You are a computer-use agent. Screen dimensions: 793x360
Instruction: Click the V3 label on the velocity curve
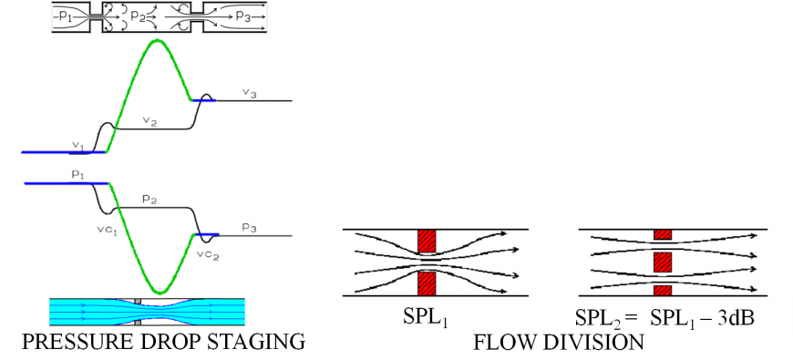click(249, 93)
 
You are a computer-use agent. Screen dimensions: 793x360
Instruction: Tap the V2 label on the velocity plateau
click(150, 121)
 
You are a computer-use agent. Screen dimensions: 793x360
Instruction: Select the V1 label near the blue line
click(78, 144)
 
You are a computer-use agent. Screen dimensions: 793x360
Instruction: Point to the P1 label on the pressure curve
click(77, 173)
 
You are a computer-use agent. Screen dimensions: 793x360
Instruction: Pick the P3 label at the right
click(249, 226)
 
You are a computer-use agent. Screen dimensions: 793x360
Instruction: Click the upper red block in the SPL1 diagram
click(427, 241)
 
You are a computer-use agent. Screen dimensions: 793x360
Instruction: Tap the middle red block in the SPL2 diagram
click(663, 262)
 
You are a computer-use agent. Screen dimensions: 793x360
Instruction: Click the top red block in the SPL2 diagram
click(663, 234)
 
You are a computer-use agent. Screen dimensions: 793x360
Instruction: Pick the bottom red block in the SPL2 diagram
click(663, 290)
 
